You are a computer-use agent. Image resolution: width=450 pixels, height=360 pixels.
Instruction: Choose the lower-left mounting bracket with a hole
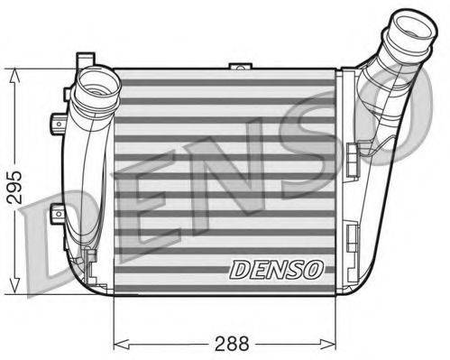(59, 214)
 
